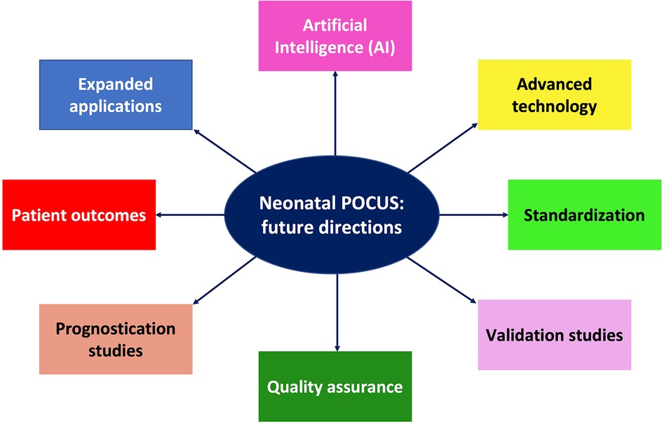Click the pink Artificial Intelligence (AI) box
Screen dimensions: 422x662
point(335,36)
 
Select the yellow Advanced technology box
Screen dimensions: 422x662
point(554,95)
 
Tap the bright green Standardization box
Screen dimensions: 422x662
point(584,215)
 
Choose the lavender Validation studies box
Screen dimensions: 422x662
point(554,334)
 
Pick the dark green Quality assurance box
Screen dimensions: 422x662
point(334,386)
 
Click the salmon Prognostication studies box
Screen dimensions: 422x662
point(116,339)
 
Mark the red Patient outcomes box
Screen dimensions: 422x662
point(79,215)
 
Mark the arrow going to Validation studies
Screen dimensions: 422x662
point(442,281)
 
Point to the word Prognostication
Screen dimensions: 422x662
point(116,329)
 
